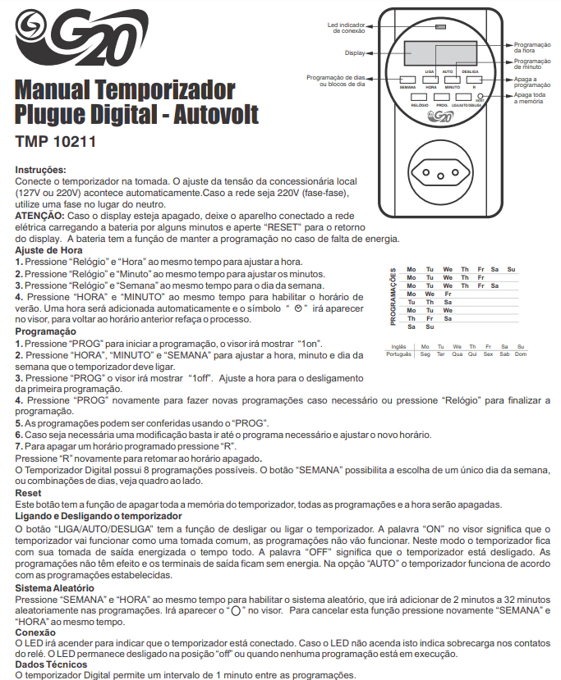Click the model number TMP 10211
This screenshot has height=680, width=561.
coord(56,140)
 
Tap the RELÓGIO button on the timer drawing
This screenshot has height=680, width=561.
coord(419,97)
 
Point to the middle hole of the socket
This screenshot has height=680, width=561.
coord(439,175)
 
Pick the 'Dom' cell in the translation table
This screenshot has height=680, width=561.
coord(508,354)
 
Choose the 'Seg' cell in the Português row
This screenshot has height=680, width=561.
coord(425,354)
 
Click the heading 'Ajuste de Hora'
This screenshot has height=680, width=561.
coord(51,249)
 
